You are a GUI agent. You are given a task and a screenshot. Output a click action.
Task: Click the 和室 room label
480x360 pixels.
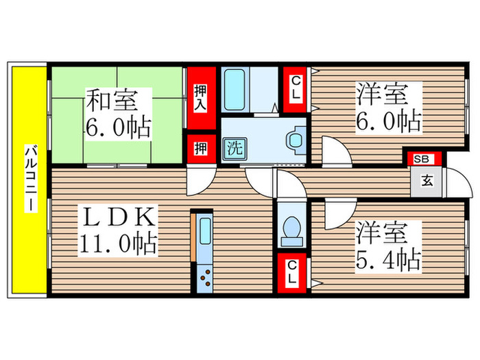(111, 101)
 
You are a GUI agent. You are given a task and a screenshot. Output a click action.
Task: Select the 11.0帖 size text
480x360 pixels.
(117, 243)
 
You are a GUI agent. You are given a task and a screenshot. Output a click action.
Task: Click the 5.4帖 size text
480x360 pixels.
(388, 259)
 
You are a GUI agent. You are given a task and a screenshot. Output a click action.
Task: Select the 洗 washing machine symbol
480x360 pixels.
(235, 146)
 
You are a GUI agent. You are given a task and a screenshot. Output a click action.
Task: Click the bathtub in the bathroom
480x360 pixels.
(235, 88)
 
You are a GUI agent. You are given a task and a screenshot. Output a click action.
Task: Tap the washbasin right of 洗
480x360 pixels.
(296, 140)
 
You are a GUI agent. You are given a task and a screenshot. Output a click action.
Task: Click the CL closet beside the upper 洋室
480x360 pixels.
(295, 89)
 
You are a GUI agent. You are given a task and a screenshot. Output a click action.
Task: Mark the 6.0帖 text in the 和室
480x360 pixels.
(118, 127)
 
